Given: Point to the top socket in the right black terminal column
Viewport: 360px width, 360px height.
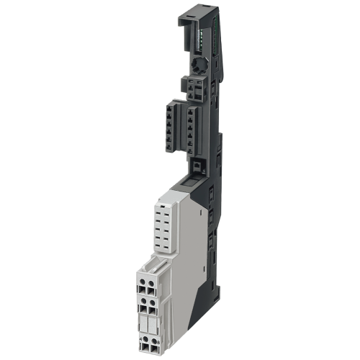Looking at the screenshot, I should tap(190, 111).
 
